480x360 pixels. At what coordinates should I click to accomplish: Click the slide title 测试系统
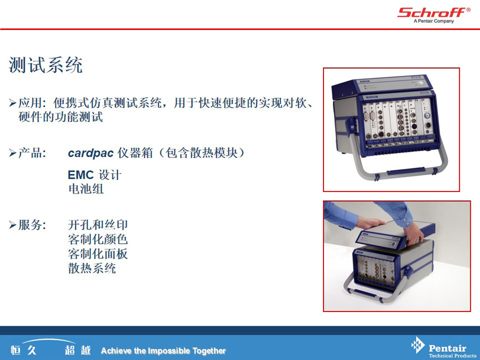point(46,65)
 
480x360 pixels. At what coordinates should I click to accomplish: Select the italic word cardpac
point(90,153)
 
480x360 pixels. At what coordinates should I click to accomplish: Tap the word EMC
point(80,175)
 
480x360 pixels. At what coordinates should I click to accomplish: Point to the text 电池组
point(86,189)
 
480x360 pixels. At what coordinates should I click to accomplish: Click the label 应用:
point(32,103)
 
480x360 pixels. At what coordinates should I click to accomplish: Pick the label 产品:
point(32,153)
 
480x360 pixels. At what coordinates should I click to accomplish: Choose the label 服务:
point(32,225)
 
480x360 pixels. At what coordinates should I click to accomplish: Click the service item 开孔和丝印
point(98,225)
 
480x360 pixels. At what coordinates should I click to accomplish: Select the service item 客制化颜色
point(98,240)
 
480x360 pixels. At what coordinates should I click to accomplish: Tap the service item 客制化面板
point(98,254)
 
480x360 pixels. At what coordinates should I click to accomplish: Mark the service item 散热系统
point(92,268)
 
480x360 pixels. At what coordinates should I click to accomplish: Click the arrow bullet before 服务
point(12,225)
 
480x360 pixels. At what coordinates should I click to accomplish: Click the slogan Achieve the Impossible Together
point(163,351)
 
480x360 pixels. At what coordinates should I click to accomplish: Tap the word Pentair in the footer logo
point(447,348)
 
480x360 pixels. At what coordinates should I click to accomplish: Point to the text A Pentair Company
point(434,21)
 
